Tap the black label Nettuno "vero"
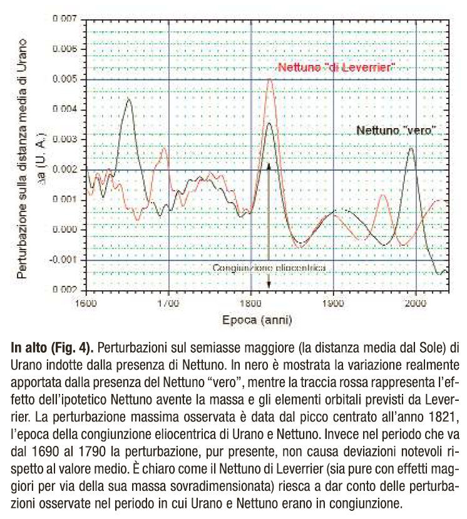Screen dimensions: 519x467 coord(396,131)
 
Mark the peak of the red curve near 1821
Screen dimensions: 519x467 coord(270,79)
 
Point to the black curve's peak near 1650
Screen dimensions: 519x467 coord(128,99)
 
